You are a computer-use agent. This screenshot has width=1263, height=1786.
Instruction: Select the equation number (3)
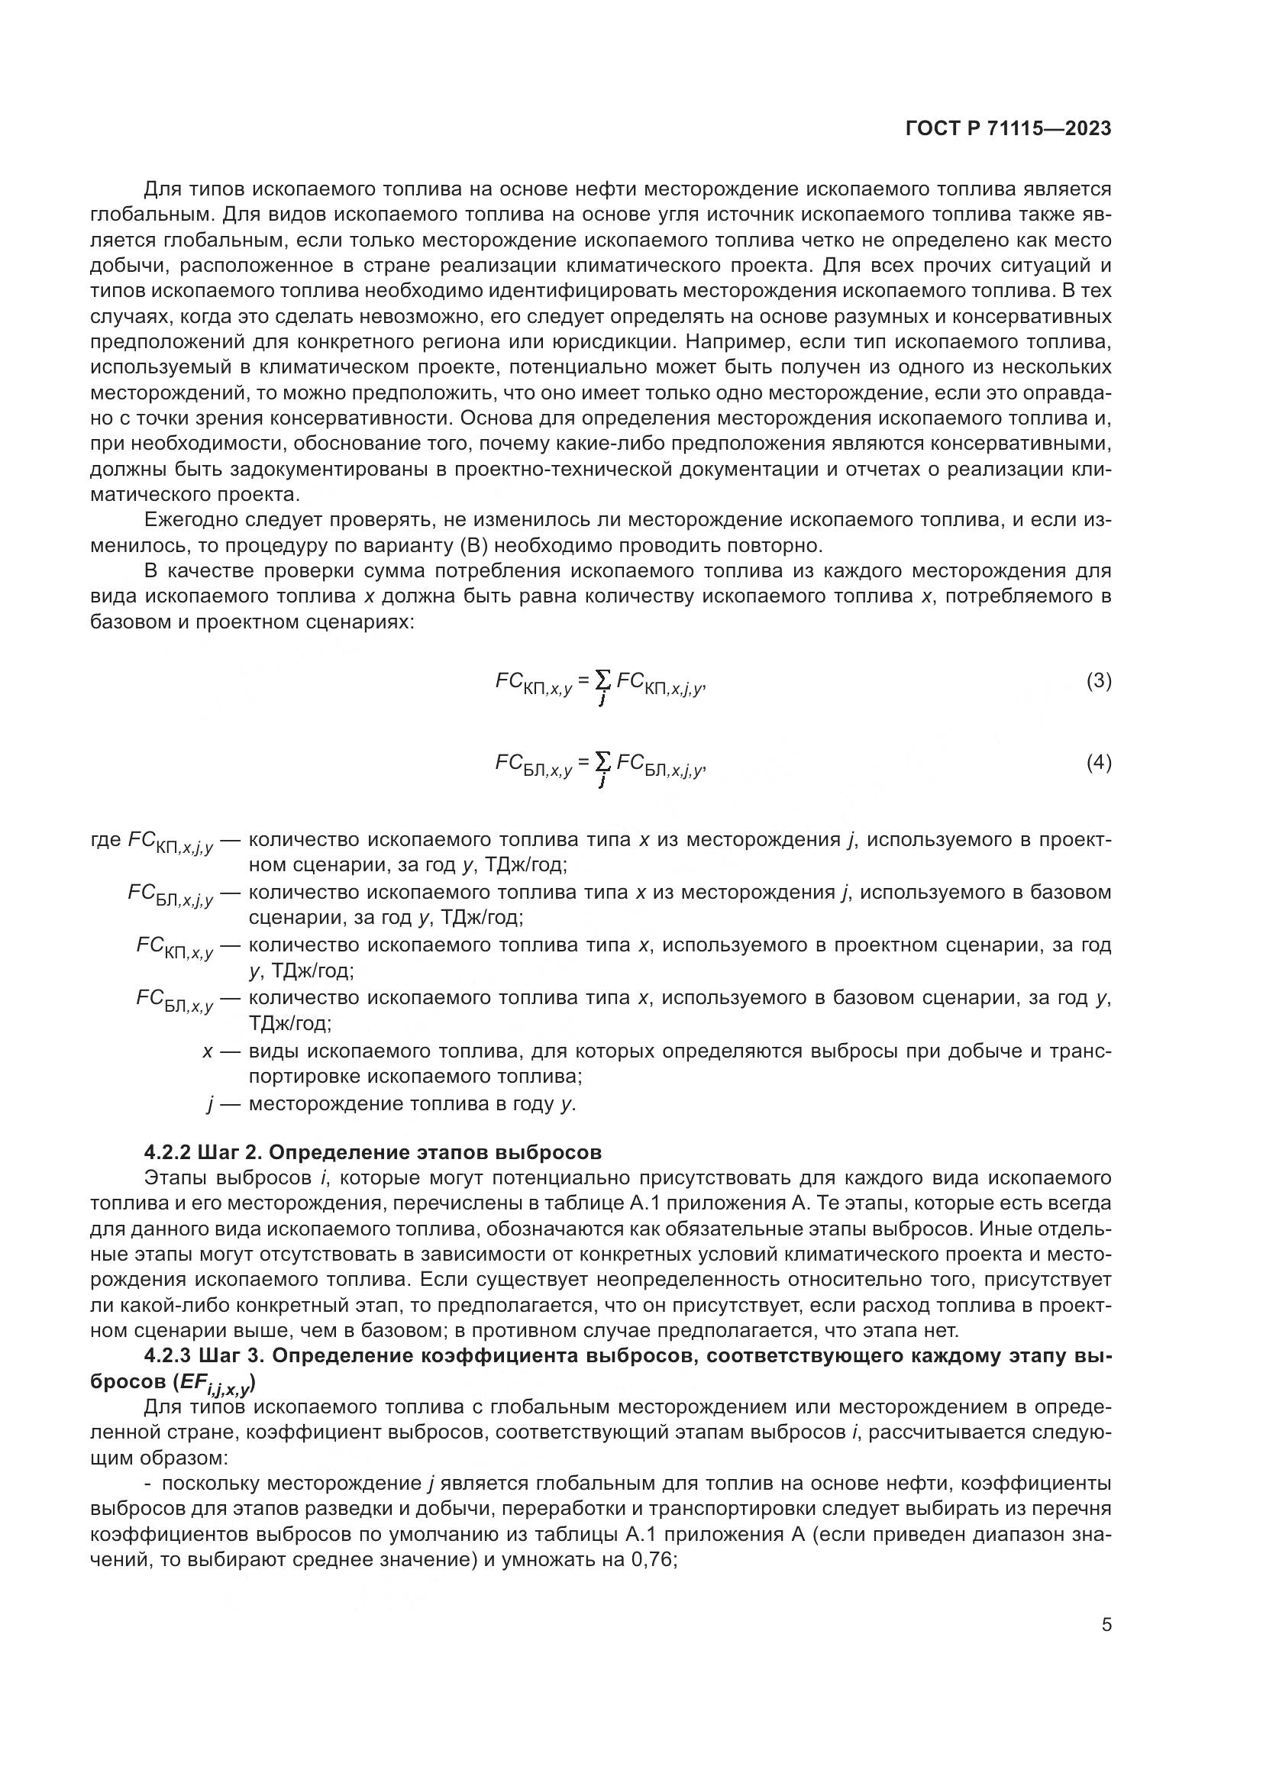click(1098, 681)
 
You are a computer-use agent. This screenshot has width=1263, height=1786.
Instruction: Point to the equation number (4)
click(1098, 763)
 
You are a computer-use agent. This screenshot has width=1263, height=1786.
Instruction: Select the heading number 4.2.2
click(167, 1152)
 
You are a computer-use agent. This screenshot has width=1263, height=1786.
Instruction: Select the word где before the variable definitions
click(106, 840)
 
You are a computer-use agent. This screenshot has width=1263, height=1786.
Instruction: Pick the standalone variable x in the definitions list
click(207, 1051)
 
